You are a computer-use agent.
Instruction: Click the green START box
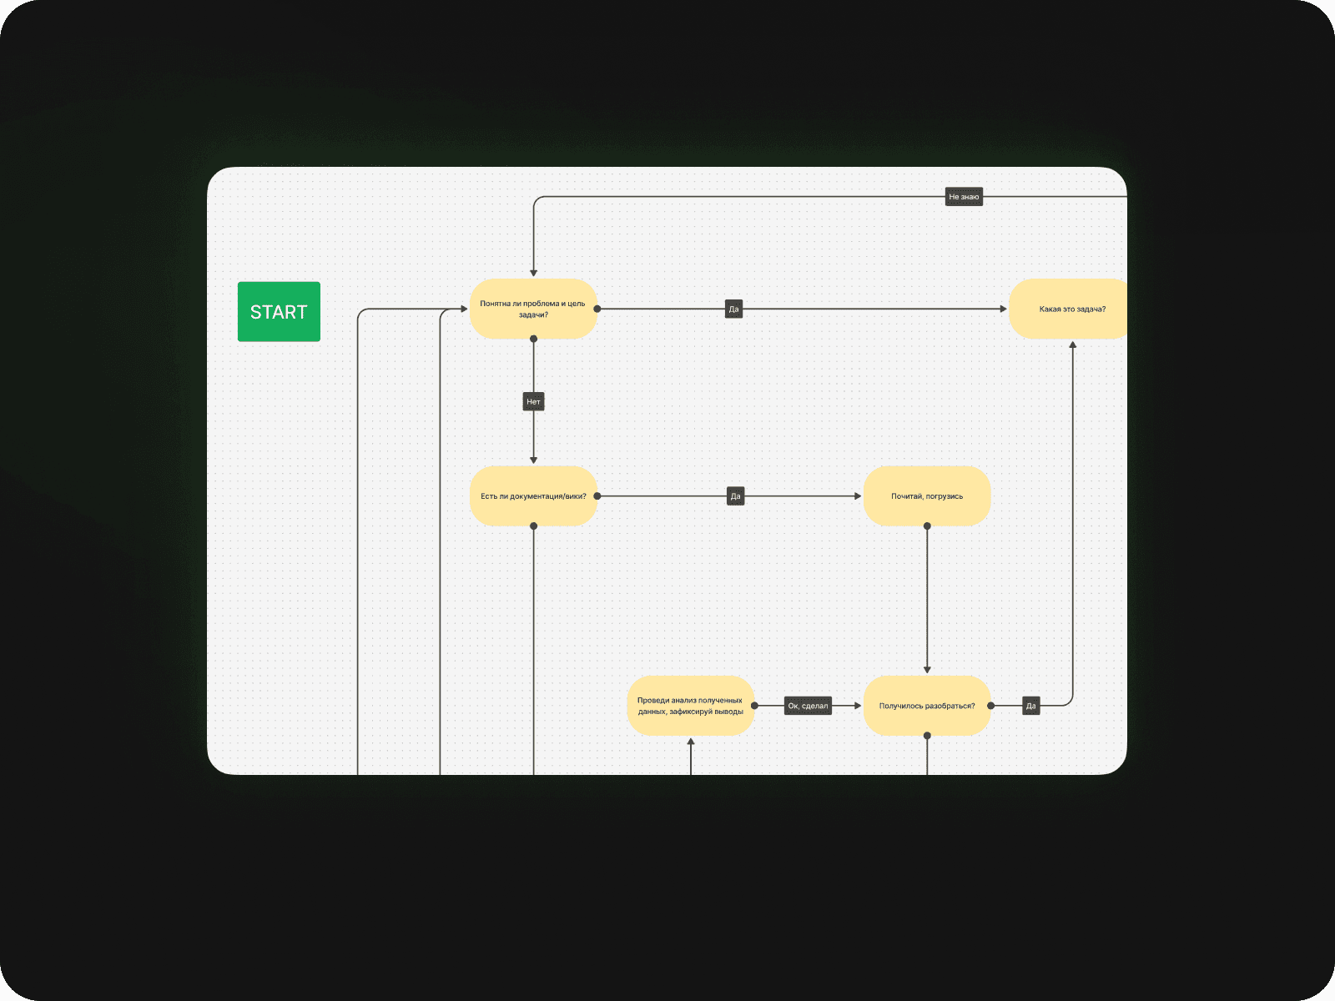tap(279, 311)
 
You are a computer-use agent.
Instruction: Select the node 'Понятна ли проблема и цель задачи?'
tap(533, 309)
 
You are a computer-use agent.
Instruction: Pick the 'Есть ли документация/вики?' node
tap(533, 496)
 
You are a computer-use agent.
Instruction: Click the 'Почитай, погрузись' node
tap(927, 496)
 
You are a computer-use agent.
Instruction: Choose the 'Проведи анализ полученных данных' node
tap(690, 706)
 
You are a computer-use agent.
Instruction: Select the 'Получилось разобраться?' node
tap(927, 706)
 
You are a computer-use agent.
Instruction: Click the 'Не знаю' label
tap(964, 197)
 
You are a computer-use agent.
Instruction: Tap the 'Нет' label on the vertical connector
tap(533, 402)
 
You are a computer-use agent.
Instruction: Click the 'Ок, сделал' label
tap(808, 706)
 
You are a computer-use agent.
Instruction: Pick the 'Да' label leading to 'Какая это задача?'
tap(733, 309)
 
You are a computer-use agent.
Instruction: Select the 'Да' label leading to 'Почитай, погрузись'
tap(735, 496)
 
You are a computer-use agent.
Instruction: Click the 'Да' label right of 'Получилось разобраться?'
tap(1031, 706)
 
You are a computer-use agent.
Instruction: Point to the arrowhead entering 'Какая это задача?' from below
tap(1073, 344)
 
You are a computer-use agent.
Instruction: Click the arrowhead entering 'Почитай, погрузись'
tap(858, 496)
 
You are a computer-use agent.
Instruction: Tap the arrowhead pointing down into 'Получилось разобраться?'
tap(927, 670)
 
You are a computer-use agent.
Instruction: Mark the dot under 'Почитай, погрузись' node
tap(927, 526)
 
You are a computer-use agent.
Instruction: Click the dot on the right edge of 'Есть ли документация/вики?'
tap(597, 496)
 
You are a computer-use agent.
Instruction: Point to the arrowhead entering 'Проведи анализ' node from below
tap(691, 742)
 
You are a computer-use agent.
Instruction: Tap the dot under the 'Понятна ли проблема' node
tap(533, 339)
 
